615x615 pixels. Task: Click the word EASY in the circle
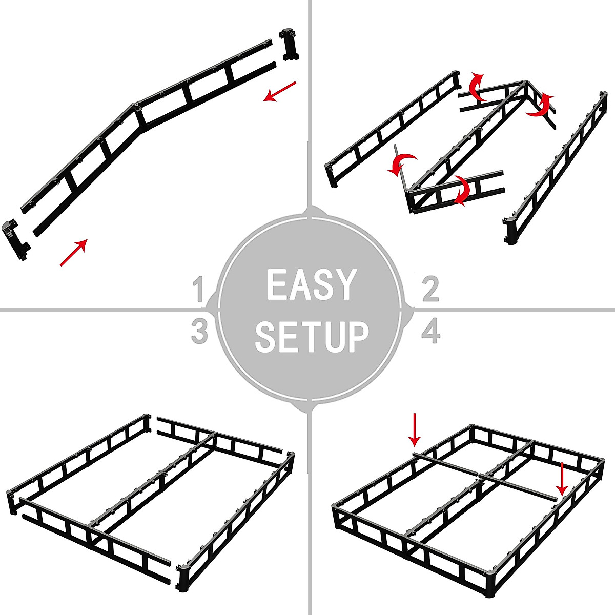[311, 285]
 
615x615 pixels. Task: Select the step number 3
[199, 332]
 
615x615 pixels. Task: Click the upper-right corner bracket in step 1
[289, 45]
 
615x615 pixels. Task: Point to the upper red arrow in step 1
[280, 91]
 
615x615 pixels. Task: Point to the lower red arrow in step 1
[74, 253]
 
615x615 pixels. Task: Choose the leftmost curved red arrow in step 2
[401, 164]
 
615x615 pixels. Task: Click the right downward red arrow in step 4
[562, 479]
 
